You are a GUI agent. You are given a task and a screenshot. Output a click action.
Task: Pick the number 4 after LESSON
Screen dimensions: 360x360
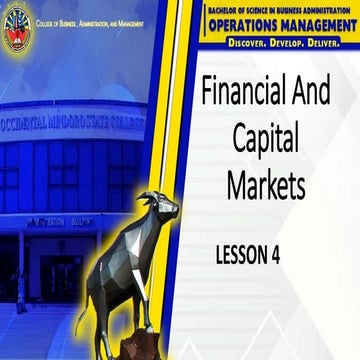pyautogui.click(x=274, y=255)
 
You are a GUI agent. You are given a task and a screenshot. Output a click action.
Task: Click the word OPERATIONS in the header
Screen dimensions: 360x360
pyautogui.click(x=238, y=28)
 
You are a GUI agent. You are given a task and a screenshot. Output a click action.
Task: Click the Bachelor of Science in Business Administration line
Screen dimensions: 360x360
pyautogui.click(x=278, y=10)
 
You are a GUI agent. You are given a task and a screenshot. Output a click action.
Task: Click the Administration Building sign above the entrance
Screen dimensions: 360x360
pyautogui.click(x=60, y=222)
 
